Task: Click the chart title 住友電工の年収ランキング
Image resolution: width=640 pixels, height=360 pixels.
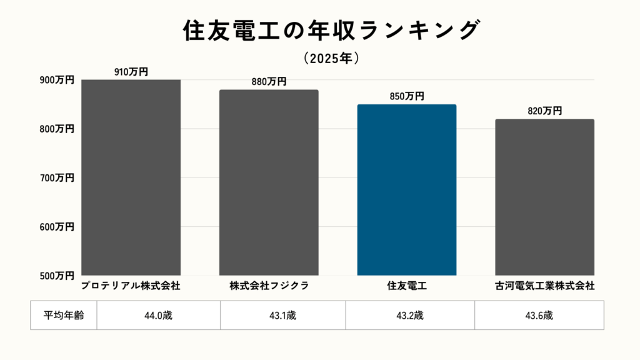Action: [x=332, y=30]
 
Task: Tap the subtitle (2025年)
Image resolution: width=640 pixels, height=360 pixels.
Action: [x=332, y=58]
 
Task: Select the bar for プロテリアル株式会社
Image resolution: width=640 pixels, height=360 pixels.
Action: [x=131, y=177]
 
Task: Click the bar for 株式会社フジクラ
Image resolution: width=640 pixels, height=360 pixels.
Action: [x=269, y=182]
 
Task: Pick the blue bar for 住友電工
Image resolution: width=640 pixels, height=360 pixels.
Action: [x=406, y=190]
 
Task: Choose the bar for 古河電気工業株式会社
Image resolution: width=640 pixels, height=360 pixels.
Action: [x=544, y=197]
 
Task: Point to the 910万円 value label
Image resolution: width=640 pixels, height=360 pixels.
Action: [x=131, y=72]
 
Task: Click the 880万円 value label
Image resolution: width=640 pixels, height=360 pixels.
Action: [x=269, y=82]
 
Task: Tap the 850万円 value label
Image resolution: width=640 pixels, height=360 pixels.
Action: [x=406, y=96]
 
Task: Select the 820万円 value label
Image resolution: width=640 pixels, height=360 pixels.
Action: [x=544, y=111]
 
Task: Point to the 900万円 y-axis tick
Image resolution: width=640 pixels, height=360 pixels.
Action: [x=57, y=80]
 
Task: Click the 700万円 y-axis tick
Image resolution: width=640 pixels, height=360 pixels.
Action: [x=57, y=177]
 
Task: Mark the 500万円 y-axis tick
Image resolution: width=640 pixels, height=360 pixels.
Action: [x=57, y=275]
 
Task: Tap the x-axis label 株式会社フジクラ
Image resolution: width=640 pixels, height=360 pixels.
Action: [x=269, y=286]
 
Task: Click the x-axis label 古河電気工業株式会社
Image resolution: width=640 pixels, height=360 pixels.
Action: [x=544, y=286]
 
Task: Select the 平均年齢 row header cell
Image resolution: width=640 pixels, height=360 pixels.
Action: [x=64, y=315]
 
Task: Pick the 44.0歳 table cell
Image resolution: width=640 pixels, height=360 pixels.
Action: [x=158, y=315]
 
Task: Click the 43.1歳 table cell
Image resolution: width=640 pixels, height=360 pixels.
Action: [x=282, y=315]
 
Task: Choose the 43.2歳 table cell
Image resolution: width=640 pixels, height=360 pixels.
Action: [x=410, y=315]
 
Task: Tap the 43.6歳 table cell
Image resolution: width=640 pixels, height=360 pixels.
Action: [x=539, y=315]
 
